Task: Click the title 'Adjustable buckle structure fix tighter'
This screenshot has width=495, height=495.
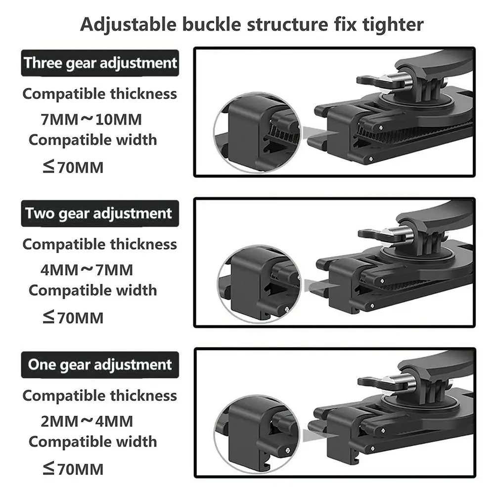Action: point(252,24)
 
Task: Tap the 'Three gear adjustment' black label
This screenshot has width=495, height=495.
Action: point(99,63)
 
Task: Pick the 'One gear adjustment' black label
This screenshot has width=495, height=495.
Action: point(99,365)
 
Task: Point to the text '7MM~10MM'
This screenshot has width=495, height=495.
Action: point(91,119)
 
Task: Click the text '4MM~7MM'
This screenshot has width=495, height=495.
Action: point(87,270)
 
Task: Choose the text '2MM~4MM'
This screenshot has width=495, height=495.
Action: point(87,421)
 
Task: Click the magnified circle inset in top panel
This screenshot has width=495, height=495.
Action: point(257,132)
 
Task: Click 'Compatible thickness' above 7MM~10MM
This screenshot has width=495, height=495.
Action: point(99,93)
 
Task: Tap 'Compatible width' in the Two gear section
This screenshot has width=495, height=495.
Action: point(92,290)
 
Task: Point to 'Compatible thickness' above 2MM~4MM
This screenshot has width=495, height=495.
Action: point(99,396)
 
